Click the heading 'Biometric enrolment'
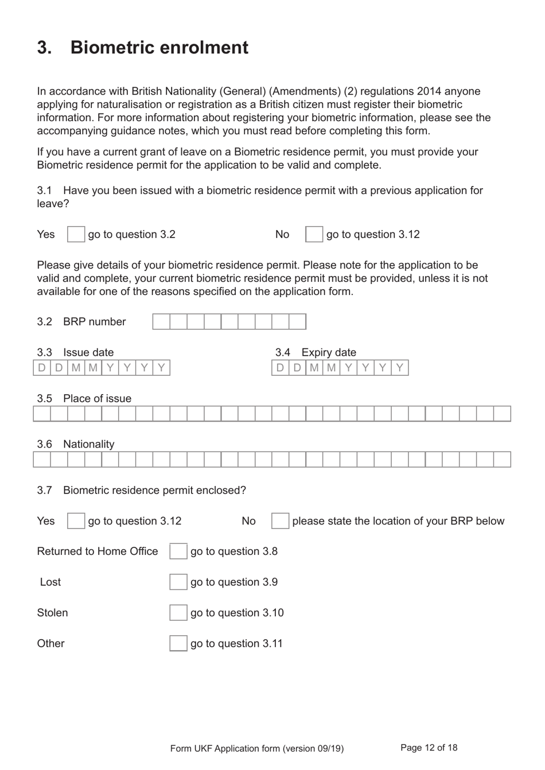[x=159, y=48]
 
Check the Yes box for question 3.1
[x=76, y=234]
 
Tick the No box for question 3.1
[x=314, y=234]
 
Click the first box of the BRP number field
[x=161, y=321]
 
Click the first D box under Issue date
[x=42, y=367]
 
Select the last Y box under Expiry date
[x=400, y=367]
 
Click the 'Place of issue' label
[x=97, y=398]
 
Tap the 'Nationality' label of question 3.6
[x=88, y=444]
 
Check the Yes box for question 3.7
[x=76, y=521]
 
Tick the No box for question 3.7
[x=280, y=521]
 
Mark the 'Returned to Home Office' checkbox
[x=178, y=551]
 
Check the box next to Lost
[x=178, y=582]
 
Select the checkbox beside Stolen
[x=178, y=613]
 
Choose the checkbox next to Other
[x=178, y=643]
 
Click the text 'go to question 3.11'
[x=236, y=643]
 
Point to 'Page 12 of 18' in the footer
[x=429, y=748]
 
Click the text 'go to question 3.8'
[x=233, y=551]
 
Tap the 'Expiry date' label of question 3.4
[x=328, y=352]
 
